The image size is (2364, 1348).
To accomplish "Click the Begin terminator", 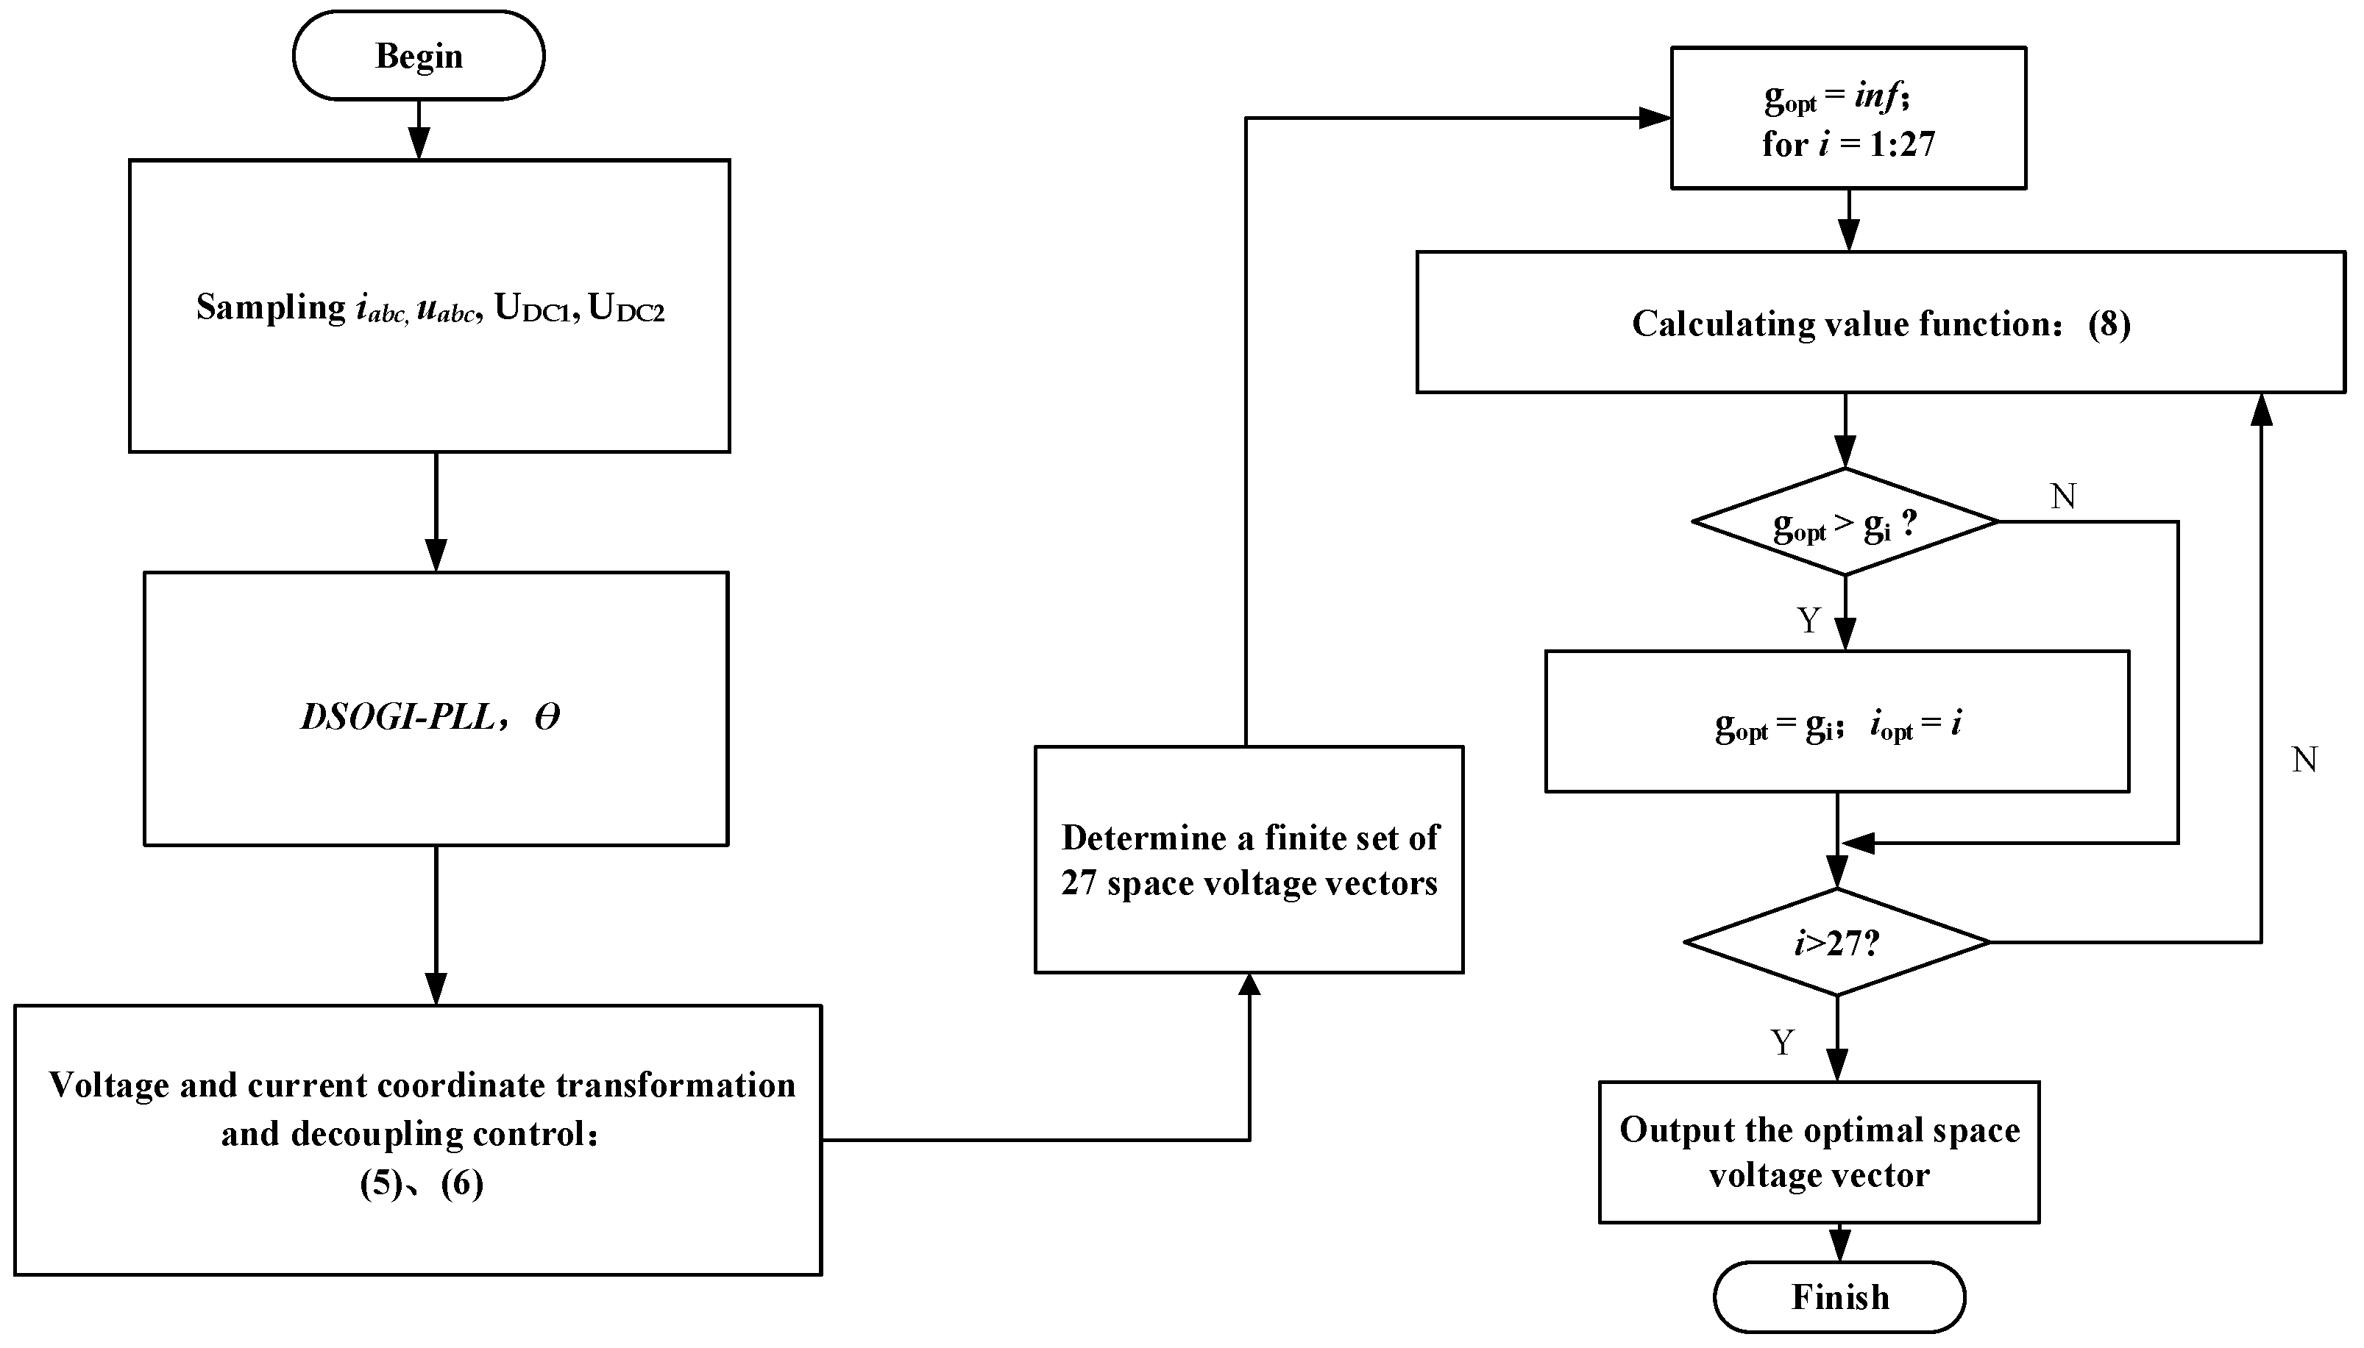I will click(x=419, y=56).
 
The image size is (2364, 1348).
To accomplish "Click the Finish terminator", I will click(x=1839, y=1296).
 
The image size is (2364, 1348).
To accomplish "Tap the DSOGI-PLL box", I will click(x=436, y=709).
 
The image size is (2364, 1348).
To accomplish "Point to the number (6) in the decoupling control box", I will click(x=462, y=1183).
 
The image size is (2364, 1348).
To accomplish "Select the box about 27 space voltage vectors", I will click(x=1248, y=859).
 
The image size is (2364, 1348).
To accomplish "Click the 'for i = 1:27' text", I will click(x=1848, y=144).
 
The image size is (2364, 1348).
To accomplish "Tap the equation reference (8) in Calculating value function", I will click(x=2109, y=324).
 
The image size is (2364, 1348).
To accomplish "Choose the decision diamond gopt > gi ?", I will click(x=1845, y=523).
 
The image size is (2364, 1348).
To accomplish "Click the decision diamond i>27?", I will click(x=1837, y=943).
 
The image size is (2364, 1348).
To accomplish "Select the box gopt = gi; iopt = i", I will click(x=1837, y=722).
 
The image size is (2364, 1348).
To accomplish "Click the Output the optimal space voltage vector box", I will click(x=1819, y=1152).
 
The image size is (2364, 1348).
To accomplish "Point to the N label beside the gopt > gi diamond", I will click(x=2063, y=497).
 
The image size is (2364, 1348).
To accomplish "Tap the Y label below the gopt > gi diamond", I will click(x=1809, y=620).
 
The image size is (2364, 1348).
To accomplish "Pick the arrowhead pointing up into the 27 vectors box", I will click(x=1249, y=985).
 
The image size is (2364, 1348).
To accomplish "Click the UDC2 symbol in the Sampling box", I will click(x=627, y=308).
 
